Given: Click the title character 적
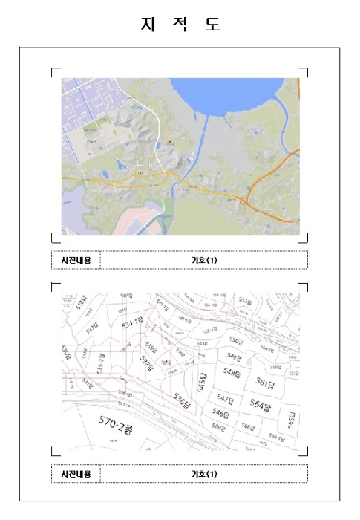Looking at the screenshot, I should click(x=180, y=24).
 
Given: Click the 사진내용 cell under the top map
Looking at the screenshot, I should click(x=75, y=260).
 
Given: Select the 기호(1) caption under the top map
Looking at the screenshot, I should click(x=203, y=260).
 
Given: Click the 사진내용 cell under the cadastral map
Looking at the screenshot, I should click(x=75, y=473).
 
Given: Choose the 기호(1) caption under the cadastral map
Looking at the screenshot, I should click(x=203, y=473).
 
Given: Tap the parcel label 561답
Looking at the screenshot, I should click(x=265, y=383).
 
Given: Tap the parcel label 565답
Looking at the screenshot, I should click(x=292, y=418).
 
